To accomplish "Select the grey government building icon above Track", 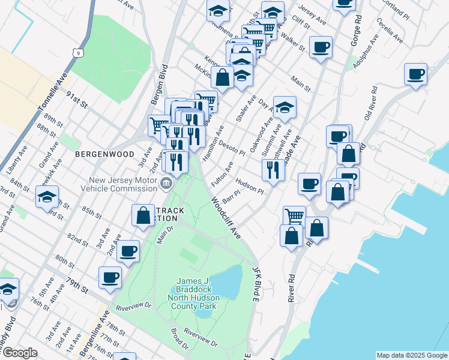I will [x=167, y=182].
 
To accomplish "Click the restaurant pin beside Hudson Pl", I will [x=274, y=170].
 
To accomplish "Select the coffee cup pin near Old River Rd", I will [x=415, y=74].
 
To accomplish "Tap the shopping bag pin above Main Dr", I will [x=143, y=215].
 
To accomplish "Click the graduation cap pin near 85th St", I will [x=47, y=196].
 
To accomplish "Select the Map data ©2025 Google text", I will [x=411, y=355].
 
